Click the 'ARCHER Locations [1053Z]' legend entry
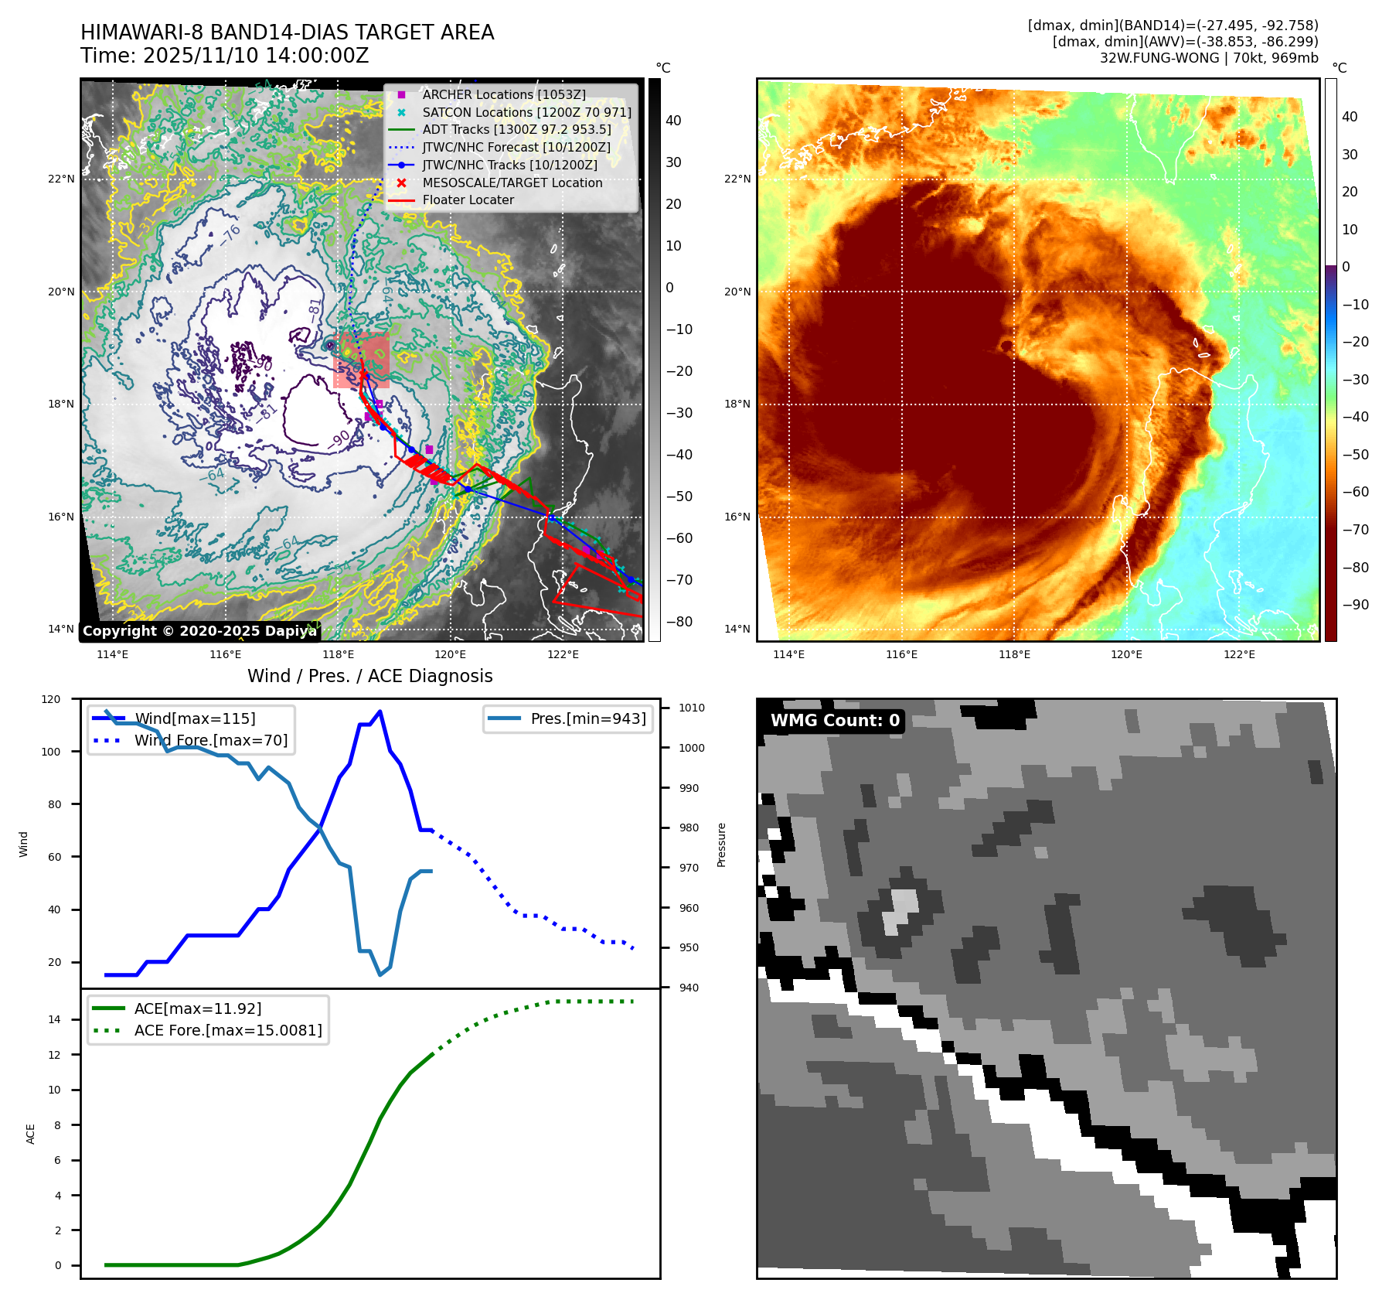(x=504, y=94)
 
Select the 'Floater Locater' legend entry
(x=468, y=200)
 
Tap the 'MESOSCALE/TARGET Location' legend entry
(x=512, y=183)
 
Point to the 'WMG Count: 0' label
(x=835, y=720)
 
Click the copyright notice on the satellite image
(x=199, y=631)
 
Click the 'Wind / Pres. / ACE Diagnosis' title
(x=369, y=676)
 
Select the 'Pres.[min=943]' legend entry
(x=587, y=718)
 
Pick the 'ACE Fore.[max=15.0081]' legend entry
(x=228, y=1030)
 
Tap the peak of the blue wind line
(x=380, y=712)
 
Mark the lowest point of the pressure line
(x=380, y=974)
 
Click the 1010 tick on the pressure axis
(x=692, y=708)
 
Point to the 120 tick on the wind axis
(x=51, y=699)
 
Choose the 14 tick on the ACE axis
(x=55, y=1019)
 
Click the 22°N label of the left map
(x=61, y=179)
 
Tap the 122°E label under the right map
(x=1239, y=654)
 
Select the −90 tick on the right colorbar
(x=1355, y=605)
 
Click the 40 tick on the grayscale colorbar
(x=673, y=121)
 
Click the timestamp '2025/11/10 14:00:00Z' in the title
(x=256, y=56)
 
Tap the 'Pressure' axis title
(x=721, y=845)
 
